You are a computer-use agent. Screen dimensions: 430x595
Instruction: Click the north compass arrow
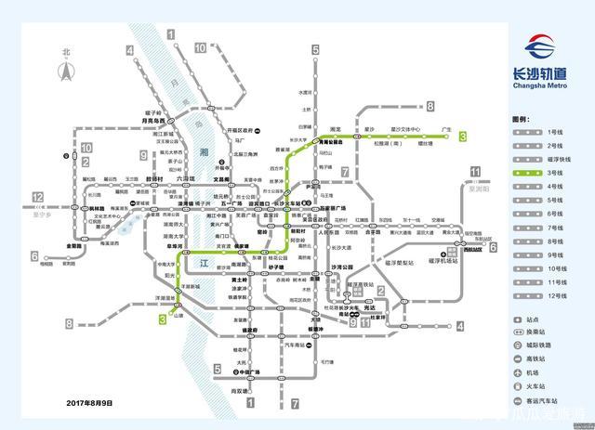pos(66,67)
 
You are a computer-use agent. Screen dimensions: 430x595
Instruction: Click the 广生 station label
pos(446,130)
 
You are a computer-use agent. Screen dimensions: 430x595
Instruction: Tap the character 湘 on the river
pos(205,151)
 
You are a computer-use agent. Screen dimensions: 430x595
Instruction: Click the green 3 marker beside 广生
pos(461,137)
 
